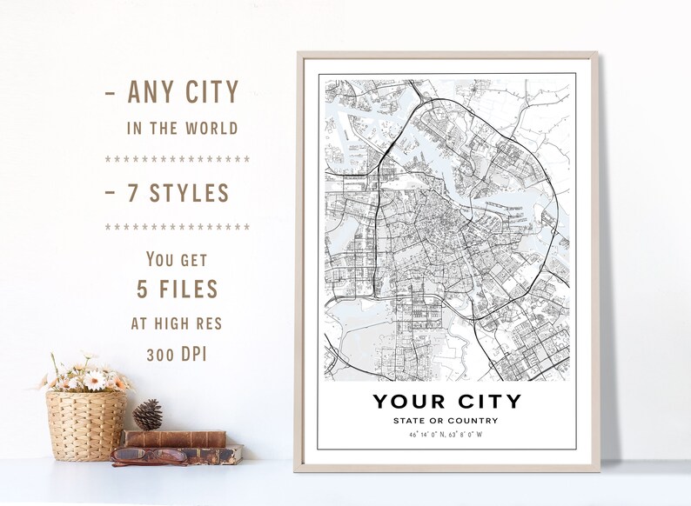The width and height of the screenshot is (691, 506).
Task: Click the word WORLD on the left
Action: (x=210, y=128)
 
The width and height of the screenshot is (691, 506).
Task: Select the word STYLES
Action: (x=191, y=193)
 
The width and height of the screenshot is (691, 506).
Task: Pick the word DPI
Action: (x=203, y=356)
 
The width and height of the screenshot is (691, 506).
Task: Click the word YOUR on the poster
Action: (x=407, y=402)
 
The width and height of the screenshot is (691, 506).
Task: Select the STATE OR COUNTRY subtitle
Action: (x=446, y=421)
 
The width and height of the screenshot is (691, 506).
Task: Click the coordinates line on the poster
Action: (x=446, y=434)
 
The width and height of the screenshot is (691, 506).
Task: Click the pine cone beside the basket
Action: (x=149, y=416)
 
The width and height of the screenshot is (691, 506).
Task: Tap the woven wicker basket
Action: (x=85, y=425)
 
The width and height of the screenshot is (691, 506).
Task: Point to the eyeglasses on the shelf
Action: (x=149, y=456)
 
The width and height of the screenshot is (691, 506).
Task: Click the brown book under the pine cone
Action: (x=174, y=438)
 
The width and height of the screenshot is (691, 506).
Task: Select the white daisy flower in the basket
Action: (x=94, y=381)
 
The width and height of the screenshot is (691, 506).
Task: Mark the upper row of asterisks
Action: (x=178, y=160)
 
